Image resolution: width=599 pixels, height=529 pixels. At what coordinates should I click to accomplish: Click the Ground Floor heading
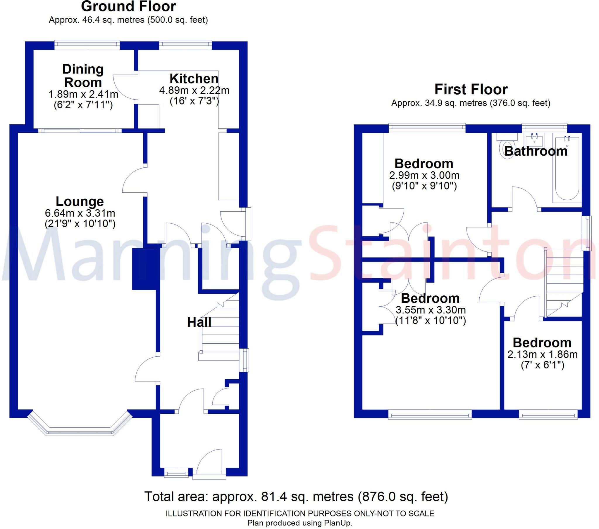point(128,6)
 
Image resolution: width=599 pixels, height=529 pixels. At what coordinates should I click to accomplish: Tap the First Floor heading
point(471,90)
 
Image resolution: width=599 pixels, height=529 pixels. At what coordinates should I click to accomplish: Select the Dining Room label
point(83,76)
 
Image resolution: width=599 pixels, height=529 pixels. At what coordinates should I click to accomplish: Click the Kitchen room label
point(194,79)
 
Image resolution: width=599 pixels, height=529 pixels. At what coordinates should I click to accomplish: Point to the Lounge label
point(80,202)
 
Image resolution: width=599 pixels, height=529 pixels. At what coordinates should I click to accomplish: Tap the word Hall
point(199,322)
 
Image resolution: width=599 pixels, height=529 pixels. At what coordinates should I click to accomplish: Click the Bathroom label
point(536,151)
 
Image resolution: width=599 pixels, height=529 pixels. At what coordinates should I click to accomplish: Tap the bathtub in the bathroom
point(567,170)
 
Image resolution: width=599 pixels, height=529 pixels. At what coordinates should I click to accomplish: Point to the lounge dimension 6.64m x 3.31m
point(80,213)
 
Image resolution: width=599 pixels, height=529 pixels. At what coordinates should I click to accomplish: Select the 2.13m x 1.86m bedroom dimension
point(543,355)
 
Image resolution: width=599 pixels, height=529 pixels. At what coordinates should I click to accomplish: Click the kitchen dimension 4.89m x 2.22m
point(194,91)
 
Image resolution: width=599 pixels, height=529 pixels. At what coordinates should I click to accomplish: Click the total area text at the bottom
point(296,497)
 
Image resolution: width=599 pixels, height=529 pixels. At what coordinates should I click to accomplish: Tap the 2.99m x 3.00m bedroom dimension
point(424,175)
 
